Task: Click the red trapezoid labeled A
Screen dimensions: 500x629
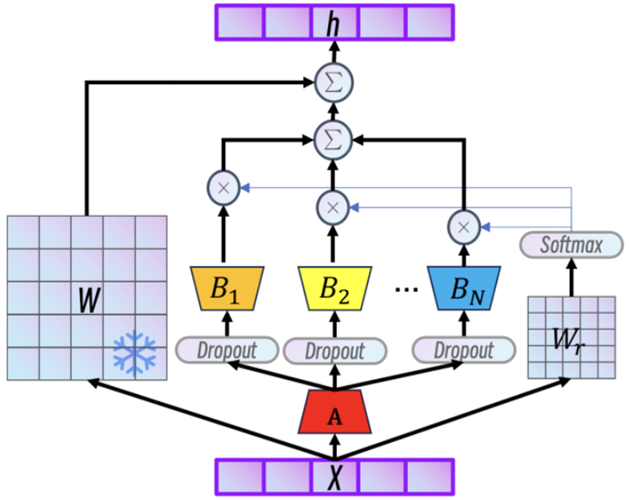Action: (x=333, y=411)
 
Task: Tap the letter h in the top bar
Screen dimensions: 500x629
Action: (x=333, y=23)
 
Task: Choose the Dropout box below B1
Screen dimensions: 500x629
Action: (x=215, y=351)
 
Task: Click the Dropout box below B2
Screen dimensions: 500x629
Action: (x=334, y=352)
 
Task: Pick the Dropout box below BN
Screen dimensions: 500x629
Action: (x=463, y=351)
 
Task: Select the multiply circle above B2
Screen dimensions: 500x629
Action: (x=332, y=207)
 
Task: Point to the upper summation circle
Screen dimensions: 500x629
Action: (x=332, y=82)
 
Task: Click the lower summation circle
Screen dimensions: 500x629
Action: (x=332, y=139)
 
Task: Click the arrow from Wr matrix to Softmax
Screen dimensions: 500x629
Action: (x=571, y=277)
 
